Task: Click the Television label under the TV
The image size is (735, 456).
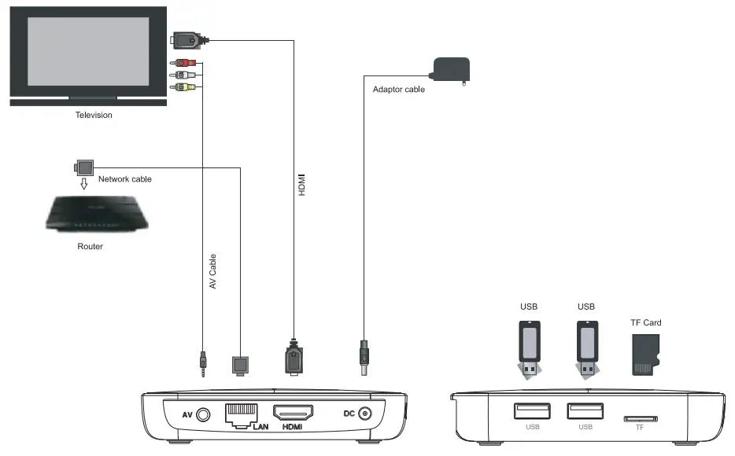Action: pos(94,115)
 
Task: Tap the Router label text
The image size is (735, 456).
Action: pos(90,246)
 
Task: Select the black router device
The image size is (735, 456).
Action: pos(95,213)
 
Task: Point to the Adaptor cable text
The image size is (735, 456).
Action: pos(398,90)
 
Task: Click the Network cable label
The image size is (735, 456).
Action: pos(124,179)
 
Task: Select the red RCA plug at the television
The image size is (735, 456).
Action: pos(183,64)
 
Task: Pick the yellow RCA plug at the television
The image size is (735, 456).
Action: pos(183,87)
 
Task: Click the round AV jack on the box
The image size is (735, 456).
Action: pos(205,414)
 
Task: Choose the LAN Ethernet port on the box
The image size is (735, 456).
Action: pos(242,414)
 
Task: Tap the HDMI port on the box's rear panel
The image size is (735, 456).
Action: pos(293,412)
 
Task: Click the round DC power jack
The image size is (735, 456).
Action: pos(365,414)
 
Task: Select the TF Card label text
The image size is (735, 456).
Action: pos(646,322)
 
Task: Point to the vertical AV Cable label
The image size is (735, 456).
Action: pos(212,272)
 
